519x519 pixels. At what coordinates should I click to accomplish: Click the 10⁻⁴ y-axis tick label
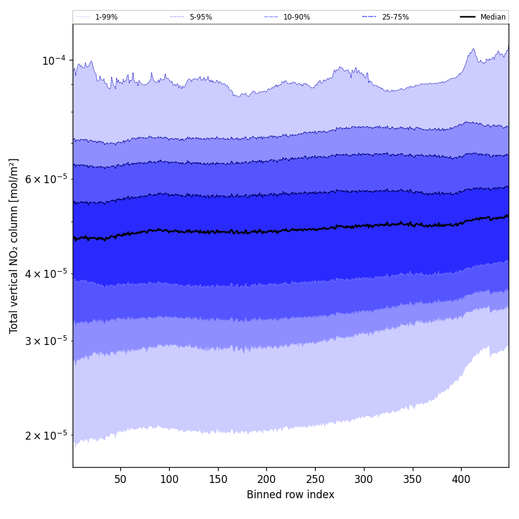pos(54,60)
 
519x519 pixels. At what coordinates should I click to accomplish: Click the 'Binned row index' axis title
pos(291,495)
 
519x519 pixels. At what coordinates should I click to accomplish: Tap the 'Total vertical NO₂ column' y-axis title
pos(14,245)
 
